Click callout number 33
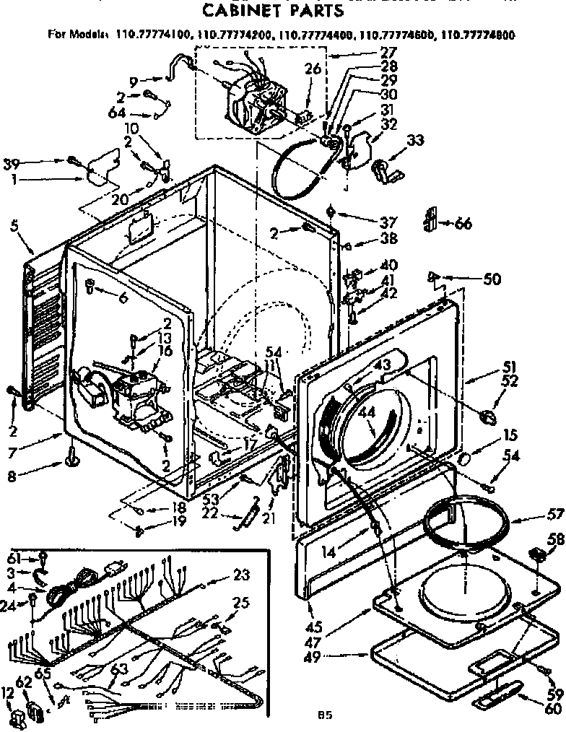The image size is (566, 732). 415,141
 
